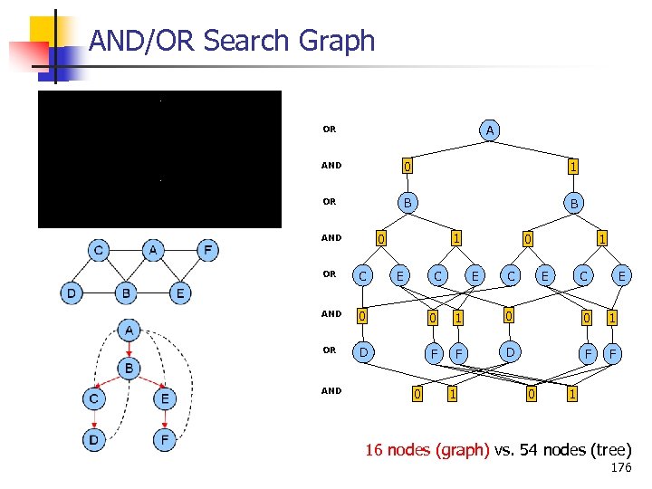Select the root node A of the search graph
point(489,131)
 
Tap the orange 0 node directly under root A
point(407,167)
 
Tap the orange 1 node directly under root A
point(572,167)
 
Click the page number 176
point(621,468)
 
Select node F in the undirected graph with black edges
point(207,249)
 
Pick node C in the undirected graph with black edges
point(99,249)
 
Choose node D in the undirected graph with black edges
point(71,292)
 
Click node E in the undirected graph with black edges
point(181,292)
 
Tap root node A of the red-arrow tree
point(130,331)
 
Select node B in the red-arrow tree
point(130,369)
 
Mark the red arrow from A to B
point(130,350)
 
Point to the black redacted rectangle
point(159,158)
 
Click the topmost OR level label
point(329,129)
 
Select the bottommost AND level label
point(331,391)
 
